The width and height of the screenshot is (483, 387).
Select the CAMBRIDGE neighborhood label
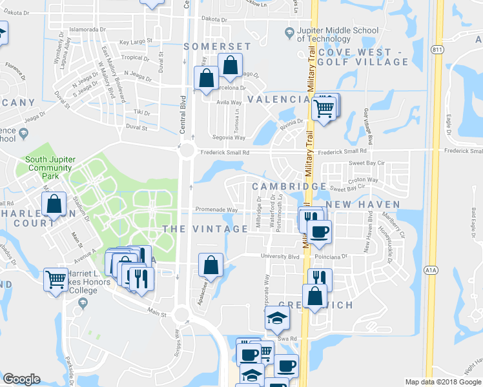pos(289,186)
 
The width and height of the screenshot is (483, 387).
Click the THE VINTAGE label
pos(205,229)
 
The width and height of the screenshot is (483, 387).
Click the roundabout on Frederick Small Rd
pos(187,151)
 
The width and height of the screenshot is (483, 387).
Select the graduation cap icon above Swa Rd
pos(277,318)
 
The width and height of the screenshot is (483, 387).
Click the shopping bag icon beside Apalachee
pos(211,264)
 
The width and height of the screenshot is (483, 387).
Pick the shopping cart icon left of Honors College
pos(56,281)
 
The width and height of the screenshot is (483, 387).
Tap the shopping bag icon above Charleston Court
pos(54,205)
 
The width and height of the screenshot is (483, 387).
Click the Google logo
pos(21,379)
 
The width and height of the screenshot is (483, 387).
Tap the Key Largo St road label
pos(136,41)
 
